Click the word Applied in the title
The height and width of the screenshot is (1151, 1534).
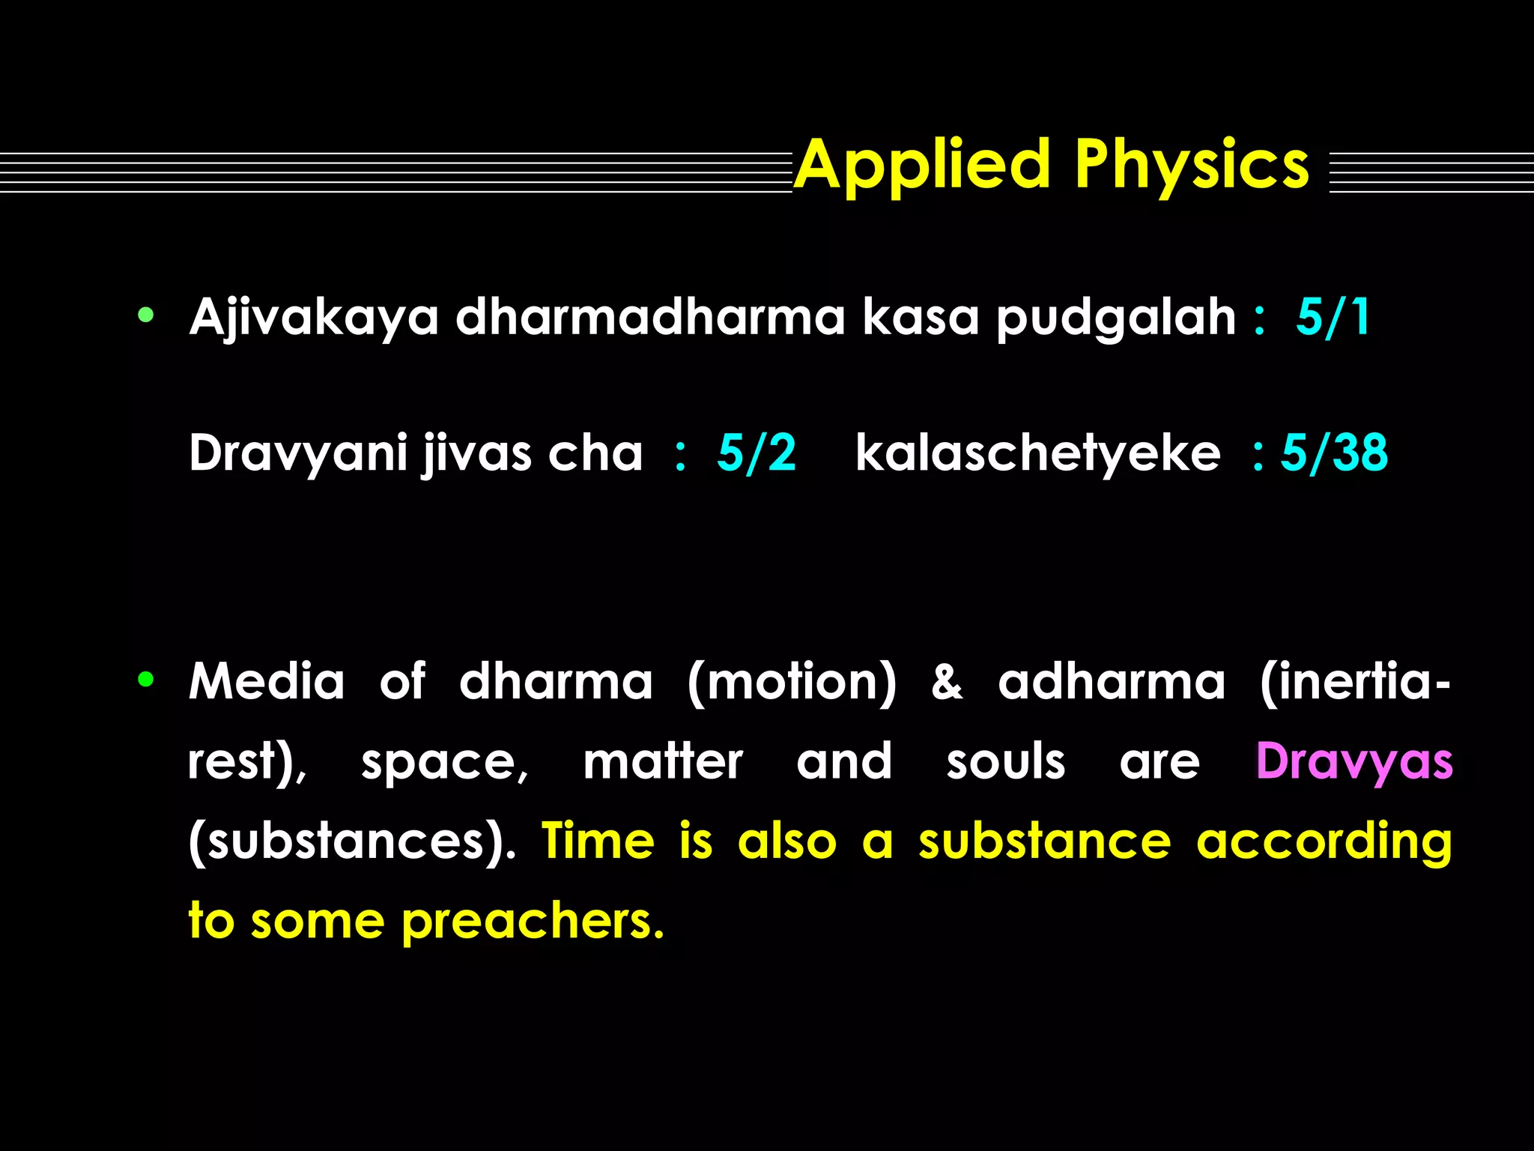point(923,166)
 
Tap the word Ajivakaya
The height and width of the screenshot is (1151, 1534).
point(313,318)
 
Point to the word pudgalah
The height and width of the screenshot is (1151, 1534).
point(1115,318)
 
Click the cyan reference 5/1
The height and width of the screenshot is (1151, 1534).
point(1333,316)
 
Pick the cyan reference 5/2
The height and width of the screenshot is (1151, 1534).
point(756,453)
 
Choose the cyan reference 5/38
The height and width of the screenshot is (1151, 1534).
point(1334,453)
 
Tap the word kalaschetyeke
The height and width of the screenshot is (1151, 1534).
point(1037,454)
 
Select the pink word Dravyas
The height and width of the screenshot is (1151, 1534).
point(1353,762)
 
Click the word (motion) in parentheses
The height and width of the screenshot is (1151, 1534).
point(791,682)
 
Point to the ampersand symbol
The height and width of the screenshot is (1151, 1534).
point(947,683)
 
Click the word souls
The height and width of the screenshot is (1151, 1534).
point(1005,762)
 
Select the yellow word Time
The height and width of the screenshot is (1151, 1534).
point(598,840)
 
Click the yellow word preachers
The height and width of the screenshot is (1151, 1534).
point(532,922)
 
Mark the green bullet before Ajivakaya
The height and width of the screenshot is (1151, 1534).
point(146,315)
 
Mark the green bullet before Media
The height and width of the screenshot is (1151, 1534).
point(146,680)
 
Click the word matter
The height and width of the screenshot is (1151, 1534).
point(663,762)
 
